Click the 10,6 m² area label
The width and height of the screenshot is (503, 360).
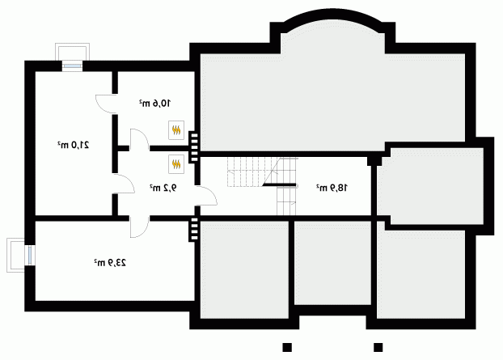click(155, 104)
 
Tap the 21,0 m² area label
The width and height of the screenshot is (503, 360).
click(74, 145)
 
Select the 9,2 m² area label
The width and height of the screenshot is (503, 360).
click(163, 188)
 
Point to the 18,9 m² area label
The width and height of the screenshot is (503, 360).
click(332, 188)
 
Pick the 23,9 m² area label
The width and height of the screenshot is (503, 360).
click(110, 263)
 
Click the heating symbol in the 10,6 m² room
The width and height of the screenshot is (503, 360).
click(176, 130)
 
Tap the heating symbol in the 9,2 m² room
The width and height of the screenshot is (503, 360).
click(176, 164)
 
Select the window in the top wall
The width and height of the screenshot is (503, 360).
click(72, 66)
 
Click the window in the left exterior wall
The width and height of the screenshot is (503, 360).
click(29, 255)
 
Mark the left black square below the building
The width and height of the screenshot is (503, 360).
click(287, 347)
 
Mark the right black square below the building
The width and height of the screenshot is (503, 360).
click(378, 347)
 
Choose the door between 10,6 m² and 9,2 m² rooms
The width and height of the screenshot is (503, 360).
click(140, 140)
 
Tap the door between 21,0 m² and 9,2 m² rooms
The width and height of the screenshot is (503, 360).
click(124, 184)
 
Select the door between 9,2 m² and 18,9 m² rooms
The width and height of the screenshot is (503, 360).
click(206, 196)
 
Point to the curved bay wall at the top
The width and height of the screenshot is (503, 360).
click(332, 16)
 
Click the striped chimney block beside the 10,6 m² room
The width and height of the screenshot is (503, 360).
click(194, 147)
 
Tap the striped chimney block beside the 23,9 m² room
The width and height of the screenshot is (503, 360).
click(194, 229)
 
